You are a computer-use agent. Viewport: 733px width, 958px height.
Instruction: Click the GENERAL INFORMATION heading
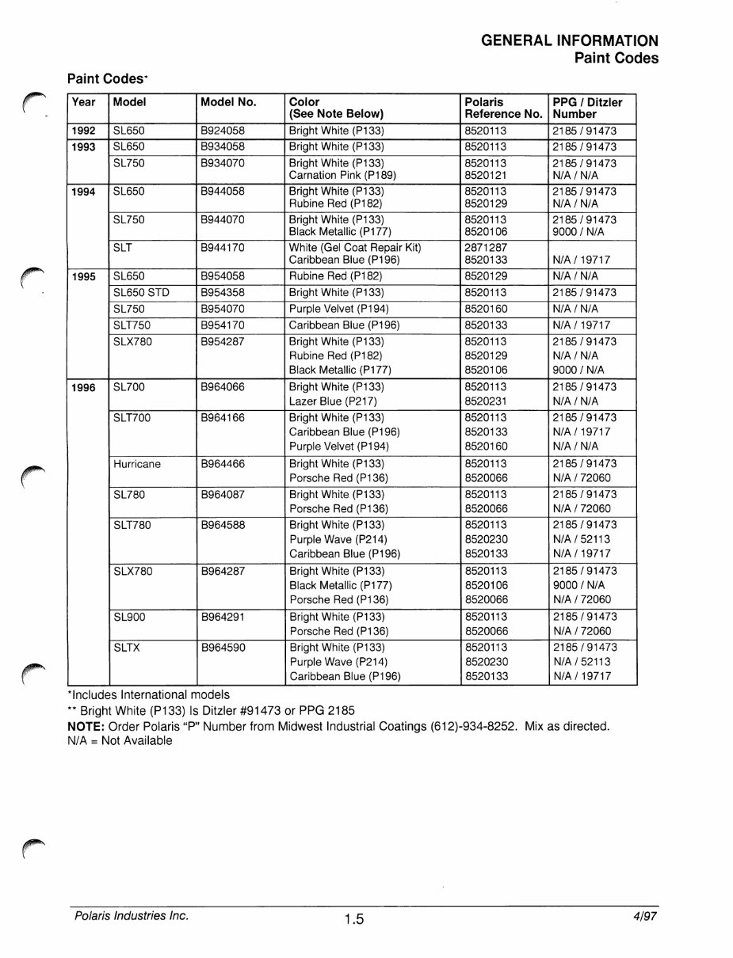tap(569, 41)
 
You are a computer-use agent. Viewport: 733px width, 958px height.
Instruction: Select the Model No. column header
tap(228, 102)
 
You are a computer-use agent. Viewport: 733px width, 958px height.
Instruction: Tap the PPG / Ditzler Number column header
tap(587, 108)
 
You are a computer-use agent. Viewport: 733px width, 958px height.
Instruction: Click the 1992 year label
tap(84, 131)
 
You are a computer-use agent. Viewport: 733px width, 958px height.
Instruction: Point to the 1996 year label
tap(84, 388)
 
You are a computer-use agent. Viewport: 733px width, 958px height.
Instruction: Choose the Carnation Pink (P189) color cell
tap(342, 175)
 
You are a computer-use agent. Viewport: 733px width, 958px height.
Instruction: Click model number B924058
tap(223, 131)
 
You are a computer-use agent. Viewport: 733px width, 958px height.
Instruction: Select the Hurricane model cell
tap(137, 465)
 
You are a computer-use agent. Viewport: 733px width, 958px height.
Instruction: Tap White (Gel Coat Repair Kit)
tap(355, 248)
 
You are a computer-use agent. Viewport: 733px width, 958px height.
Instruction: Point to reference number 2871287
tap(486, 248)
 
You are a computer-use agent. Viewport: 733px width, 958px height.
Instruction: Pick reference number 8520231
tap(486, 401)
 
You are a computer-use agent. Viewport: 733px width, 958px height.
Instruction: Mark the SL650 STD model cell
tap(142, 293)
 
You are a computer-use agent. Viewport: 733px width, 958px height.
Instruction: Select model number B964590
tap(223, 648)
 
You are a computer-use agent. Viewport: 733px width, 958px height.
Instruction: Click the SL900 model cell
tap(130, 618)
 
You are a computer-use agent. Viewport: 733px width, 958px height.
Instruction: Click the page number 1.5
tap(353, 919)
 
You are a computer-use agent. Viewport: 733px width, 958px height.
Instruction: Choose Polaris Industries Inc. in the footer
tap(132, 916)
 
